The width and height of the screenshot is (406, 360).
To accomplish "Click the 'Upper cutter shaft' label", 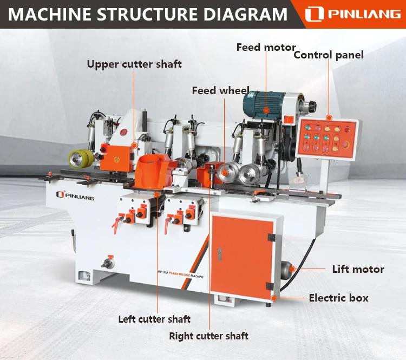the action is [134, 64].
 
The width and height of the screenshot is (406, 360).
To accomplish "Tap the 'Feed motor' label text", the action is [266, 48].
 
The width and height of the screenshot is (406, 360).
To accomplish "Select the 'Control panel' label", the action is [328, 55].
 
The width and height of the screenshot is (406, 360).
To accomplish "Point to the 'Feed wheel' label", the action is [220, 90].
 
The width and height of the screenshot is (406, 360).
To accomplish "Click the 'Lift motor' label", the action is [358, 269].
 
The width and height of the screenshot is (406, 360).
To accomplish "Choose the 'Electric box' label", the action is [338, 298].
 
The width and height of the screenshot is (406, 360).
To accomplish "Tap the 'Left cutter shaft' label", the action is [154, 319].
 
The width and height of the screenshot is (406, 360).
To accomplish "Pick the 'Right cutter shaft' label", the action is [208, 336].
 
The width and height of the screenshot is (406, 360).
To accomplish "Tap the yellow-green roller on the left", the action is [80, 158].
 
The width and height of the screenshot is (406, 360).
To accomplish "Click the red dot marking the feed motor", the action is [266, 110].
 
